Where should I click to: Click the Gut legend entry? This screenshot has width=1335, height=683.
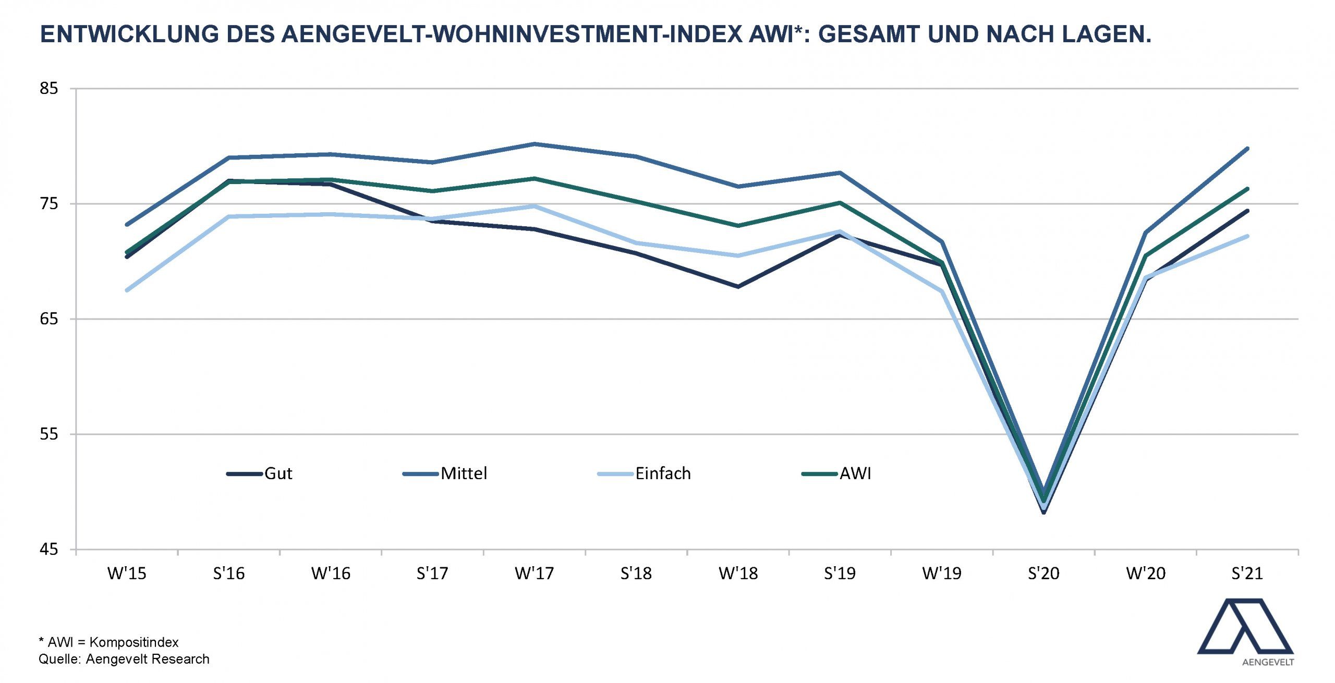(260, 473)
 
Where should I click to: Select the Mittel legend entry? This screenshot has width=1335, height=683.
(445, 473)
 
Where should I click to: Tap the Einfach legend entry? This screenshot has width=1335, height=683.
(644, 473)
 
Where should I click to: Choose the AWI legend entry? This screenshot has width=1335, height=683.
(836, 473)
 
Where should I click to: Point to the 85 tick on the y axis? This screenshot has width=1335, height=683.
(48, 88)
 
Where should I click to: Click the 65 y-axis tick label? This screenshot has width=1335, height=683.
(48, 319)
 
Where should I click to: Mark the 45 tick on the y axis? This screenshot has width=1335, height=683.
(48, 549)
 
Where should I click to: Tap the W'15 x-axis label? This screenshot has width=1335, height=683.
(127, 574)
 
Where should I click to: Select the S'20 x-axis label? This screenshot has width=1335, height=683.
(1043, 574)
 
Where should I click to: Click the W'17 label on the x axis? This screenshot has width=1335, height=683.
(534, 574)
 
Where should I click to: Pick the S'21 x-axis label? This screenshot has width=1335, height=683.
(1247, 574)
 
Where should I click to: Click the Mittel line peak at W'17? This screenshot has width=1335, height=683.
(534, 144)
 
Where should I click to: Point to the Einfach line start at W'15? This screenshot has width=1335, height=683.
(127, 290)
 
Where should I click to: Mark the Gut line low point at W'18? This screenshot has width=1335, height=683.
(738, 287)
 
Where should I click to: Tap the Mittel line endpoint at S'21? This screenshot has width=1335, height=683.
(1247, 149)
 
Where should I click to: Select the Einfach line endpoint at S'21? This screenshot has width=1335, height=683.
(1247, 236)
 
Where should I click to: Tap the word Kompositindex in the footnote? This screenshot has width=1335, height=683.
(134, 642)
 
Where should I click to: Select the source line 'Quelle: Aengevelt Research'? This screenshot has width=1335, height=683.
(124, 660)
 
